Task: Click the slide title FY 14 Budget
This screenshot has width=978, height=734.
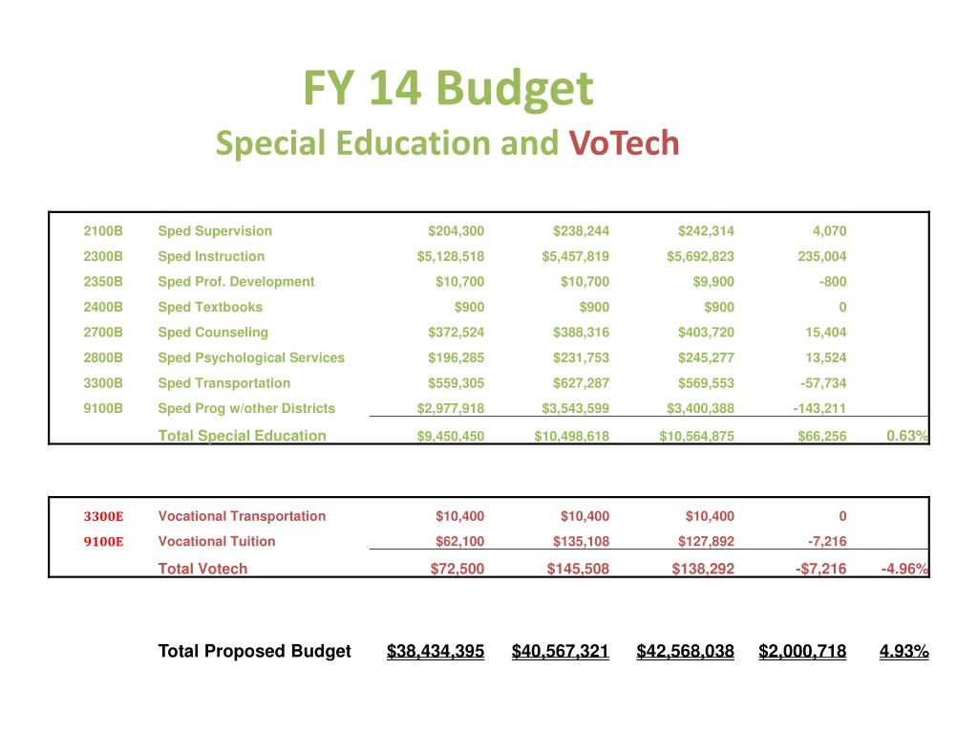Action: coord(448,89)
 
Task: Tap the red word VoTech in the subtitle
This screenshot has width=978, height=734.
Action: coord(625,143)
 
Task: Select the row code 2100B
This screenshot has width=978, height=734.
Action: coord(103,230)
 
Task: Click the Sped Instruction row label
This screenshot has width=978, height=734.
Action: coord(211,256)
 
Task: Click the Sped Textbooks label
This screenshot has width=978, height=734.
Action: coord(210,307)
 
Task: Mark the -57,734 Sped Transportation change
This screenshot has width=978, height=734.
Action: coord(819,383)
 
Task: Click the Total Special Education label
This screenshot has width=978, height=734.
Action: coord(242,436)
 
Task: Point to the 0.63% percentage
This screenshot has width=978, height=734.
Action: coord(906,436)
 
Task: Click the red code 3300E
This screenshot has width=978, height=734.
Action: coord(103,516)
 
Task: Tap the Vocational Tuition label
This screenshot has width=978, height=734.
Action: coord(217,541)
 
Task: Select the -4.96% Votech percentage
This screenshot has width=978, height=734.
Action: coord(904,569)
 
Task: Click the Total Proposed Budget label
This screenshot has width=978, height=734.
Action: coord(254,652)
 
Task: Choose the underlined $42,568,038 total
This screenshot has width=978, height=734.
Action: coord(685,652)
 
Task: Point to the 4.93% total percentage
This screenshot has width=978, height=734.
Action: coord(904,652)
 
